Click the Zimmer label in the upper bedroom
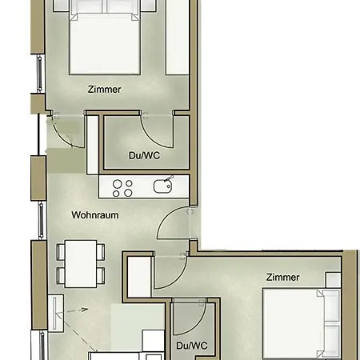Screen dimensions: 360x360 (x=104, y=90)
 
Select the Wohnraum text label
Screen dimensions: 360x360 (x=95, y=215)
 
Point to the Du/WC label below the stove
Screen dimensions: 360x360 (x=190, y=346)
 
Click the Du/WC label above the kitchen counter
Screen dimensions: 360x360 (x=144, y=155)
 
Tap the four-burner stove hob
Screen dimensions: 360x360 (x=122, y=188)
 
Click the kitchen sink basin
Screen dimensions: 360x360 (x=162, y=187)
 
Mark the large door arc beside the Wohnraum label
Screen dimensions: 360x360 (x=172, y=227)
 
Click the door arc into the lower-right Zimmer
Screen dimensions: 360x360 (x=169, y=272)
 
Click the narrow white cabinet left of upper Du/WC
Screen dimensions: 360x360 (x=91, y=144)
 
